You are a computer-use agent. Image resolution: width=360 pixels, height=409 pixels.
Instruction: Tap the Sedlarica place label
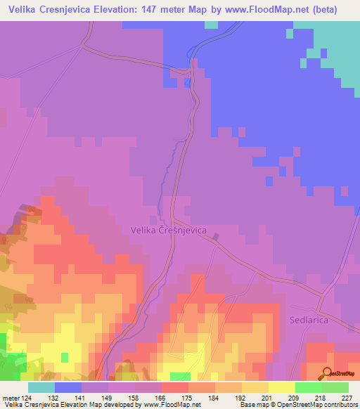(309, 319)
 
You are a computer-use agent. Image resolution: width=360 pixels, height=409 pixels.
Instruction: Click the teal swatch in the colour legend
(41, 387)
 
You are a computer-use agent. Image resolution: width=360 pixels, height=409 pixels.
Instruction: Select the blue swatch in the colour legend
(68, 387)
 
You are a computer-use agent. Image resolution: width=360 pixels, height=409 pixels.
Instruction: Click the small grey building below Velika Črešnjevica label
(217, 238)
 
